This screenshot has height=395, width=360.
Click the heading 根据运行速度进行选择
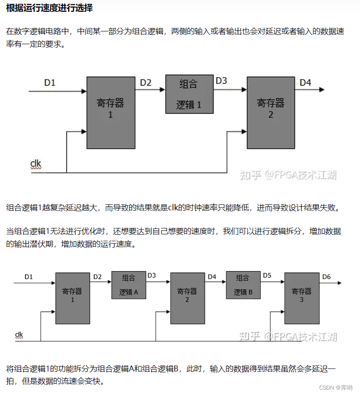[x=49, y=9]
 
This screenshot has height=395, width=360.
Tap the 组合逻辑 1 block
[x=189, y=94]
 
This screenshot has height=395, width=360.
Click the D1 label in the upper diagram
[x=50, y=83]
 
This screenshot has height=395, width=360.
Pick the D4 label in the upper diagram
[x=305, y=82]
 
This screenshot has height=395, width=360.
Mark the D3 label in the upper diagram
[x=221, y=81]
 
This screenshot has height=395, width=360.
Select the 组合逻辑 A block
[x=129, y=285]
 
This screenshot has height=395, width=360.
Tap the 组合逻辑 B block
[x=243, y=285]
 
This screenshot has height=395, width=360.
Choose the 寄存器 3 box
[x=302, y=298]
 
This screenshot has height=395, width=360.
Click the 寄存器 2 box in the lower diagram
[x=187, y=298]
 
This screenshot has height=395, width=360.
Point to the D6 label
[x=327, y=277]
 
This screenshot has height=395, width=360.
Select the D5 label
[x=267, y=276]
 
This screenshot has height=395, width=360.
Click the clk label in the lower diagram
[x=19, y=335]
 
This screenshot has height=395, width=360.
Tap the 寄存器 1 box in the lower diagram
[x=73, y=298]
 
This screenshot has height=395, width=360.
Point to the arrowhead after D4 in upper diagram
[x=322, y=90]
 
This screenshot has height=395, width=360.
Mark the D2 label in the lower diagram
[x=97, y=277]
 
